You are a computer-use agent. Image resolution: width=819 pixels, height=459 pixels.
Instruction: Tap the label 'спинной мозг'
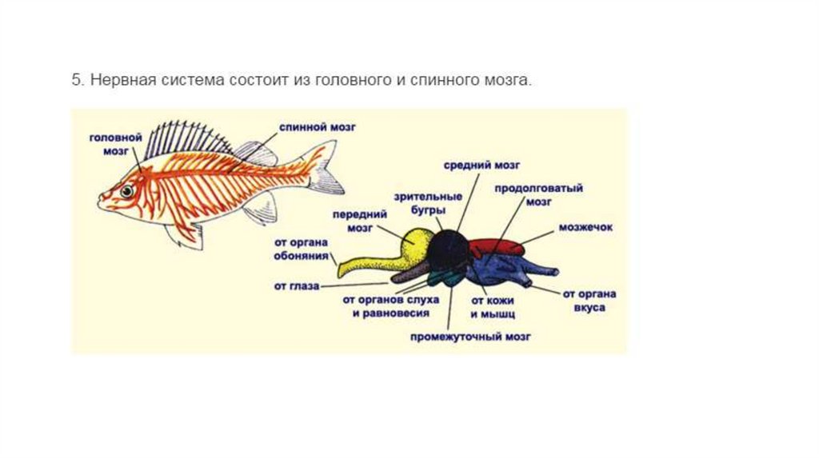318,126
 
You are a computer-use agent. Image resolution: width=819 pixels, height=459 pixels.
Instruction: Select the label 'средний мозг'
482,165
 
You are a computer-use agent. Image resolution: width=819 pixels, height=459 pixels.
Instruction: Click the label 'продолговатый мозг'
537,194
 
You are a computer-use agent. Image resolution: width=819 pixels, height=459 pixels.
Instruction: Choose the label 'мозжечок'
586,227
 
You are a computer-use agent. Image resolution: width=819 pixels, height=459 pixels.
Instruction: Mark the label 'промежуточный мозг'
470,337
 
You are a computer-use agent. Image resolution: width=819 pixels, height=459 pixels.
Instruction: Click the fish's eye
127,191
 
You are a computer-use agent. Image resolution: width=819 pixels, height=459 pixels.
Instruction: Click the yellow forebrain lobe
417,245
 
